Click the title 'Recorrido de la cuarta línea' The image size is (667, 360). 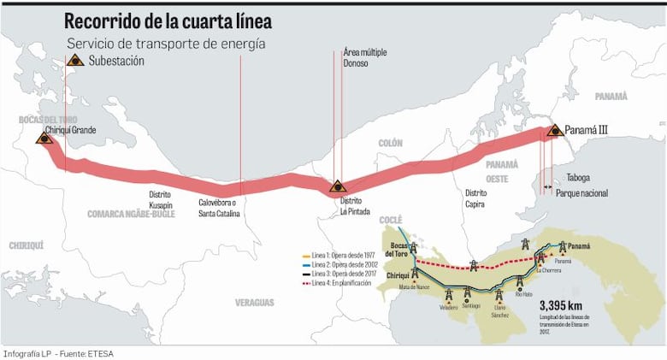coord(169,21)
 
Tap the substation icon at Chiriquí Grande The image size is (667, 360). coord(44,138)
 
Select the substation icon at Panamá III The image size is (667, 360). coord(554,131)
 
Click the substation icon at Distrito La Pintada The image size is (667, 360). coord(338,186)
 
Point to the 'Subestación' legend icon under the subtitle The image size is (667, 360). coord(74,61)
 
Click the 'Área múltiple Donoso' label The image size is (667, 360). coord(358,58)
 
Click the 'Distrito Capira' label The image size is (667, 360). coord(475,199)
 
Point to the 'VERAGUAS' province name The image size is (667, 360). coord(255,303)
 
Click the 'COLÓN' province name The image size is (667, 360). coord(390,144)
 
